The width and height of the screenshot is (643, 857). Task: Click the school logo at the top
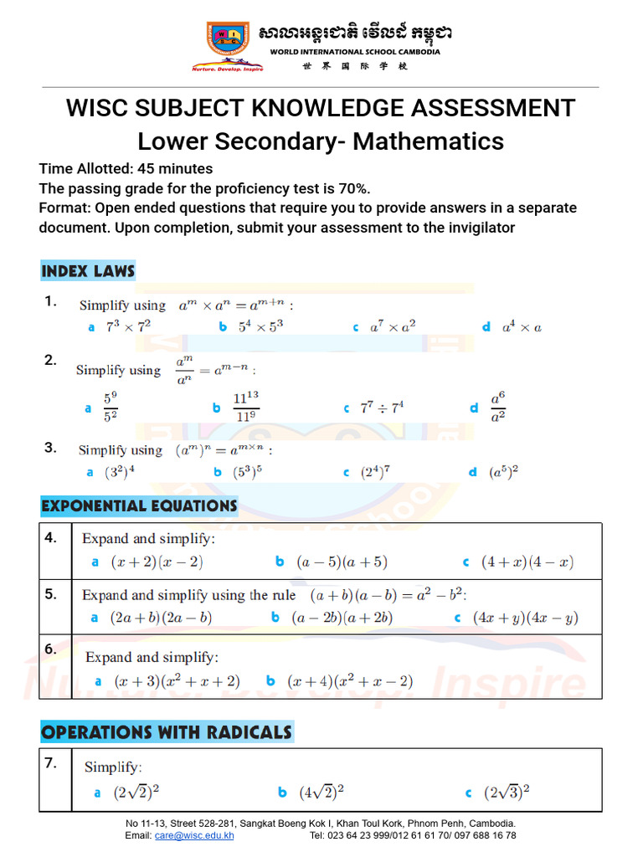228,44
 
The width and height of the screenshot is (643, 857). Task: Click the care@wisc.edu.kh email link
194,835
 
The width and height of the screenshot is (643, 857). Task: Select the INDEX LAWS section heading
88,271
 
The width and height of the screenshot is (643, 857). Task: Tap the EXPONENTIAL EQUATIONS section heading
139,505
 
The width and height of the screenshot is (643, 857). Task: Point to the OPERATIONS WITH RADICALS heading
167,732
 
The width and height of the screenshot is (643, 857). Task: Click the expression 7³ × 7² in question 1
127,327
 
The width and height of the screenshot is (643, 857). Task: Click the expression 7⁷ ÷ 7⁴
382,408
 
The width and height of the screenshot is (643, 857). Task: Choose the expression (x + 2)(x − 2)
157,562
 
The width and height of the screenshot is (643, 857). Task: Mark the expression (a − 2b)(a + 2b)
342,618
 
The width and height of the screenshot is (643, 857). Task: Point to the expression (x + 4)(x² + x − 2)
350,681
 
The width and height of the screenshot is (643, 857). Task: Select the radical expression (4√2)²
321,792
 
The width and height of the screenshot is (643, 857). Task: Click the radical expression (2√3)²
508,792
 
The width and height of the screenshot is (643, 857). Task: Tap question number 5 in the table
51,594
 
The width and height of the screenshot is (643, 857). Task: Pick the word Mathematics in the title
428,141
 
